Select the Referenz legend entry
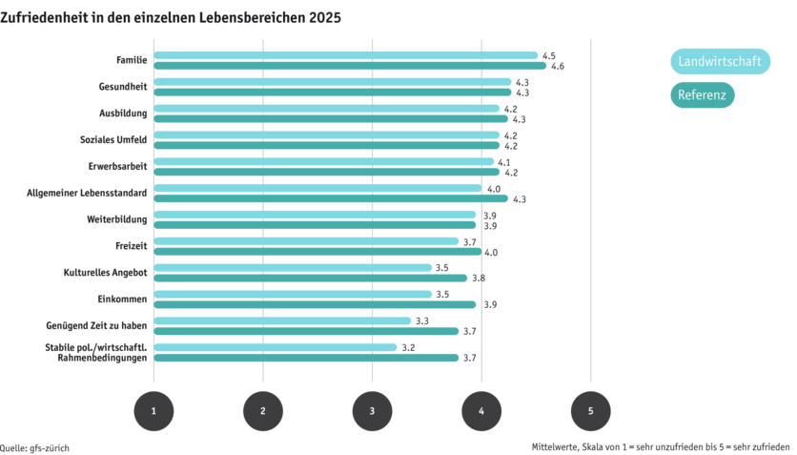pos(703,96)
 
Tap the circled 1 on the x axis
pos(153,410)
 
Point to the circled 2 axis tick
pos(263,410)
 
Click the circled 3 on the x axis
pos(372,410)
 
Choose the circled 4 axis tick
pos(481,410)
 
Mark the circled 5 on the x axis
pos(590,410)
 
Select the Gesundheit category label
pos(123,87)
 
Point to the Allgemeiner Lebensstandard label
pos(88,193)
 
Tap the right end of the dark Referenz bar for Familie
pos(543,66)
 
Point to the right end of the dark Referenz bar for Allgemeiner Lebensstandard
pos(505,198)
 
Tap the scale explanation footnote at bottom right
pos(662,446)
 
